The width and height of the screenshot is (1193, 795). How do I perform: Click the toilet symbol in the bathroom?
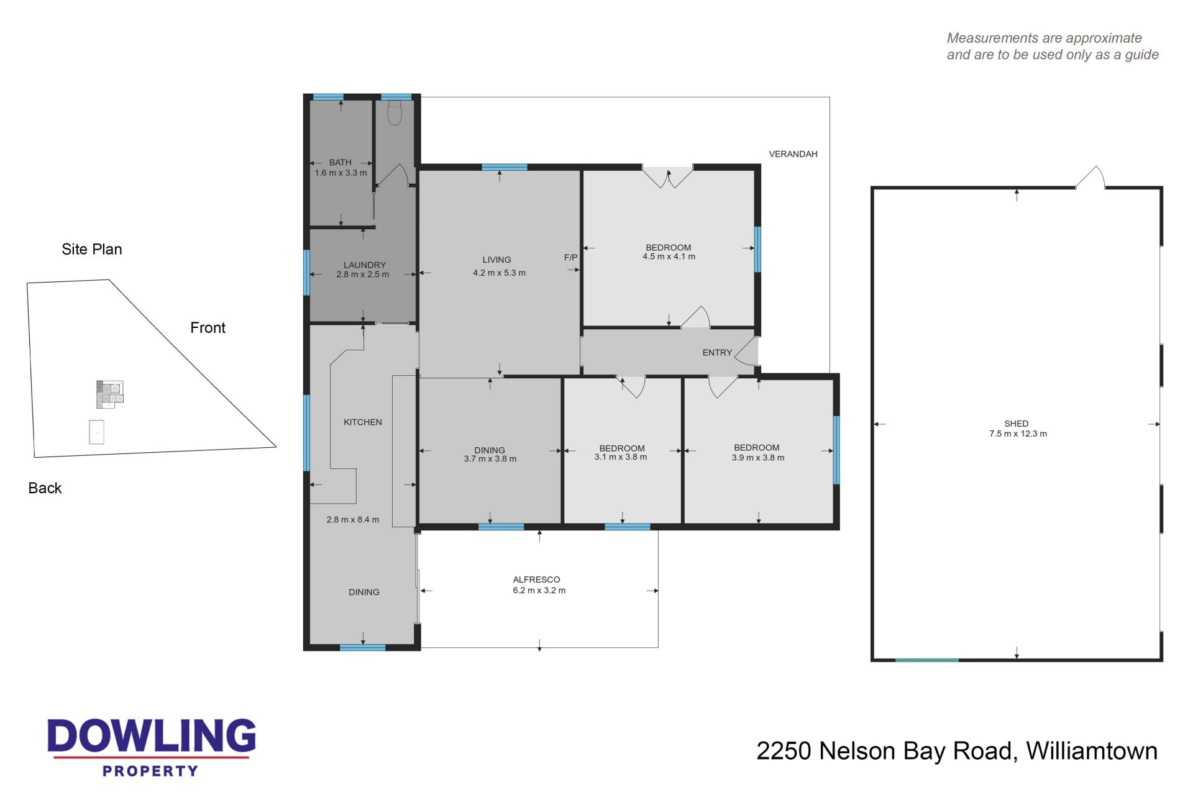[x=395, y=113]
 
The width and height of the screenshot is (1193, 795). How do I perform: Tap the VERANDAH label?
[x=793, y=154]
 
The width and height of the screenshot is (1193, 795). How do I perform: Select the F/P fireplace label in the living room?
[x=570, y=257]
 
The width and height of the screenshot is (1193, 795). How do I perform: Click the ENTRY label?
[x=717, y=352]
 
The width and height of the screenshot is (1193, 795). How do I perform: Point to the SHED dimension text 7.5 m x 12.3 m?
[x=1018, y=434]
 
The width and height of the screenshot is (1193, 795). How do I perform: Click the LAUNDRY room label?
[x=365, y=265]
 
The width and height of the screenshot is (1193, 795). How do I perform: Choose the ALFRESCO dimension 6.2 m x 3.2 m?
[x=539, y=590]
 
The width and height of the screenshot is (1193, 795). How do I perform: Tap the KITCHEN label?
[x=363, y=422]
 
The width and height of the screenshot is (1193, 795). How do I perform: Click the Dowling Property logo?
[x=152, y=747]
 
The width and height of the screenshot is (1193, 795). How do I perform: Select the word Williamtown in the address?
[x=1092, y=751]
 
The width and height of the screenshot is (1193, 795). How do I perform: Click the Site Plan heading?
[x=92, y=249]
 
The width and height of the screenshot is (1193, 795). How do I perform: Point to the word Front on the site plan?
[x=208, y=328]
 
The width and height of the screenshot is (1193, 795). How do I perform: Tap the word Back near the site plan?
[x=45, y=488]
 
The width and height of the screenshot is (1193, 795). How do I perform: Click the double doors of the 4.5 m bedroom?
[x=667, y=176]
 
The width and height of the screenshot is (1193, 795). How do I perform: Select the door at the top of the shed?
[x=1091, y=177]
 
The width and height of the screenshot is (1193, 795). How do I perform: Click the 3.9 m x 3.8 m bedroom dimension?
[x=758, y=458]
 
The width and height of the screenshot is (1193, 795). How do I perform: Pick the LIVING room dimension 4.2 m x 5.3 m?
[x=499, y=273]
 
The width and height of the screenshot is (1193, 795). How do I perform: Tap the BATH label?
[x=341, y=162]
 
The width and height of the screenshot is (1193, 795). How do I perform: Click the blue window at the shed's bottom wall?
[x=926, y=660]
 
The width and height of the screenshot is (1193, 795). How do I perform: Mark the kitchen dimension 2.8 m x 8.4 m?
[x=352, y=519]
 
